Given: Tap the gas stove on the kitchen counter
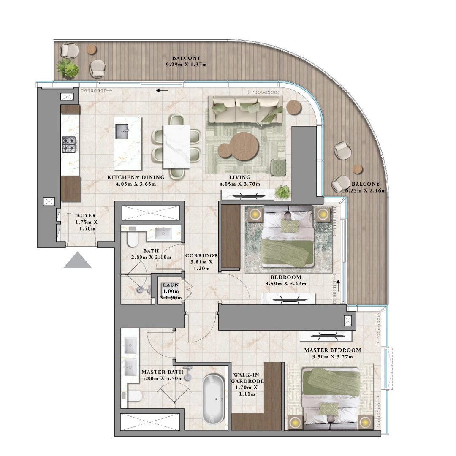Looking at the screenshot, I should (68, 144).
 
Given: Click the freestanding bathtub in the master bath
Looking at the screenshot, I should (214, 399).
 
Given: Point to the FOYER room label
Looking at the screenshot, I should (86, 216).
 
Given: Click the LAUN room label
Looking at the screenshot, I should (171, 285).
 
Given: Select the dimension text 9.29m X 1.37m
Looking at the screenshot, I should (186, 65).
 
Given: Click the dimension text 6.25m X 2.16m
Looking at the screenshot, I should (365, 190).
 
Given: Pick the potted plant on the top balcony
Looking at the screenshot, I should (68, 68).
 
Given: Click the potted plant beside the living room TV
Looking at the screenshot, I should (282, 193).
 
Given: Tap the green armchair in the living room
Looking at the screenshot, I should (278, 168).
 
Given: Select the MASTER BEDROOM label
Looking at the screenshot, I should (332, 350).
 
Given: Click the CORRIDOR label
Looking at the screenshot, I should (201, 255).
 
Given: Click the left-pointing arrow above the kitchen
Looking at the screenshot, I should (162, 90).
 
